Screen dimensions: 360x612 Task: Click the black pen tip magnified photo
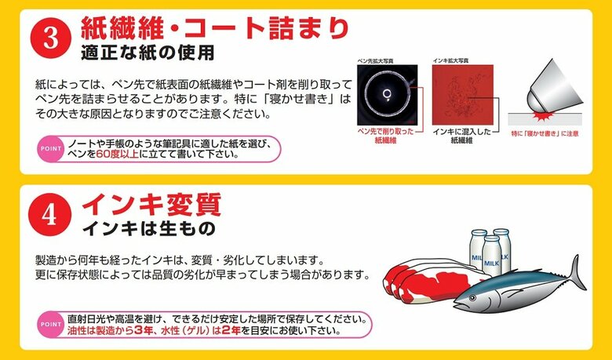coord(386,92)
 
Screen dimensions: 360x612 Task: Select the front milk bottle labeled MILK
coord(491,258)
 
